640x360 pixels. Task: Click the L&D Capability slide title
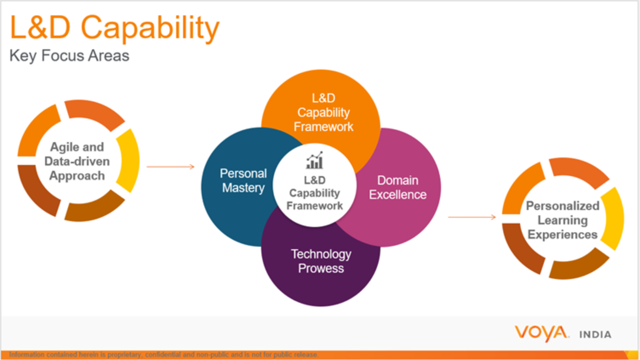tap(114, 28)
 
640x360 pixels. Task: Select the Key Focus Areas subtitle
tap(69, 56)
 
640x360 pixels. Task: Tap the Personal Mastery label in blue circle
tap(243, 180)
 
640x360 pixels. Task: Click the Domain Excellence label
tap(397, 187)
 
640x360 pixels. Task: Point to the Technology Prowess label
tap(321, 261)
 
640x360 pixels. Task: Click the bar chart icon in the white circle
tap(314, 161)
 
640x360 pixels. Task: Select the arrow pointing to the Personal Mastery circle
tap(170, 167)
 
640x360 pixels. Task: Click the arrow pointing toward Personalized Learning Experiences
tap(472, 217)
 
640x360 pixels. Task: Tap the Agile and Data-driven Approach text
tap(77, 161)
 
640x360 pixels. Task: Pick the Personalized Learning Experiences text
tap(562, 220)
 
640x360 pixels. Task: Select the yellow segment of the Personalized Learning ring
tap(614, 219)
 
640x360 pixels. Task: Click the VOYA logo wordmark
tap(541, 333)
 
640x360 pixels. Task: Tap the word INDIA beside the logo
tap(595, 335)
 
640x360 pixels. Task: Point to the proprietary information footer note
tap(163, 355)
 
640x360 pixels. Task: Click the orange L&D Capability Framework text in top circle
tap(323, 112)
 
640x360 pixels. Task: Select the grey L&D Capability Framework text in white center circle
tap(314, 193)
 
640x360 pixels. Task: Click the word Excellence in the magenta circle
tap(397, 195)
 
